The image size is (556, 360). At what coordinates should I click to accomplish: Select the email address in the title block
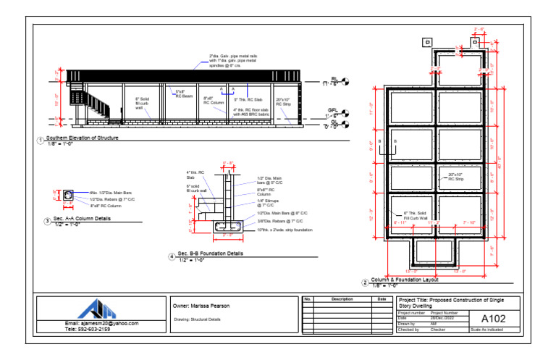pyautogui.click(x=101, y=323)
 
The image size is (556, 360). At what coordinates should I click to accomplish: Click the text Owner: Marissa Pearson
pyautogui.click(x=201, y=306)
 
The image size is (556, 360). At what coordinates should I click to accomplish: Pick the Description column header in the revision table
pyautogui.click(x=342, y=298)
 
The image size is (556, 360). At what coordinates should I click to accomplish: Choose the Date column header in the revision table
pyautogui.click(x=382, y=298)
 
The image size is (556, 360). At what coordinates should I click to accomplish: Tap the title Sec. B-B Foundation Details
pyautogui.click(x=210, y=254)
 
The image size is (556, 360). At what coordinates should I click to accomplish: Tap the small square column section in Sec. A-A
pyautogui.click(x=69, y=195)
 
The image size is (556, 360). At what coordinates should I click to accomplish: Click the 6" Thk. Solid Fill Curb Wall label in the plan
pyautogui.click(x=416, y=214)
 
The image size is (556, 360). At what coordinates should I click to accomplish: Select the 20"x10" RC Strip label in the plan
pyautogui.click(x=455, y=176)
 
